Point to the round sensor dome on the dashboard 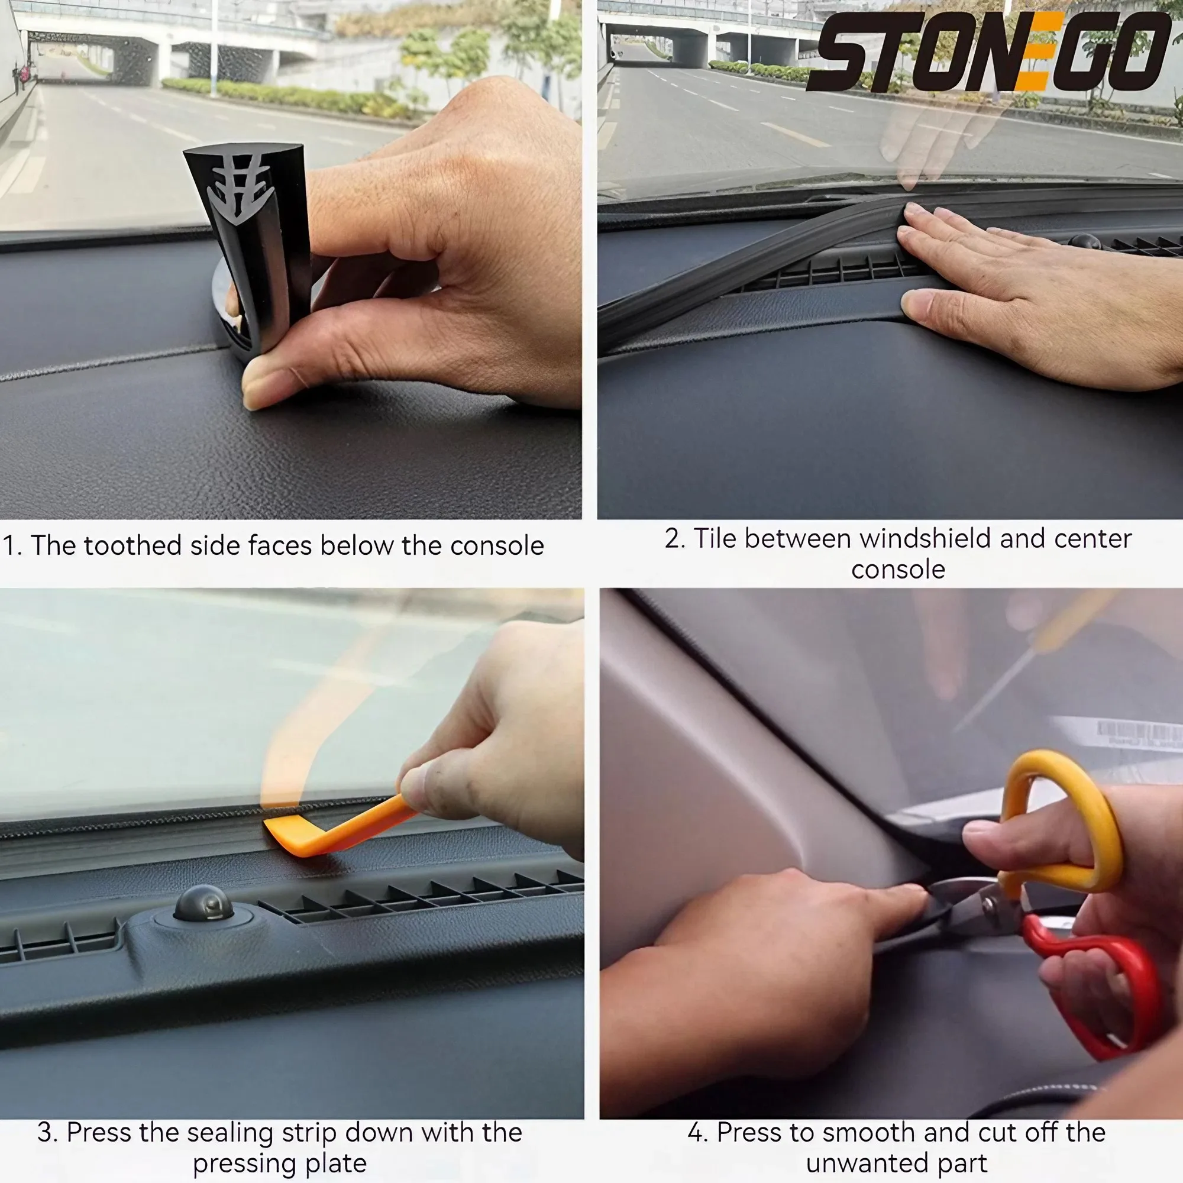203,903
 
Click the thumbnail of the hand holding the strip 291,260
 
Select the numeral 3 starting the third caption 45,1133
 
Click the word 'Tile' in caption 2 713,539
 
